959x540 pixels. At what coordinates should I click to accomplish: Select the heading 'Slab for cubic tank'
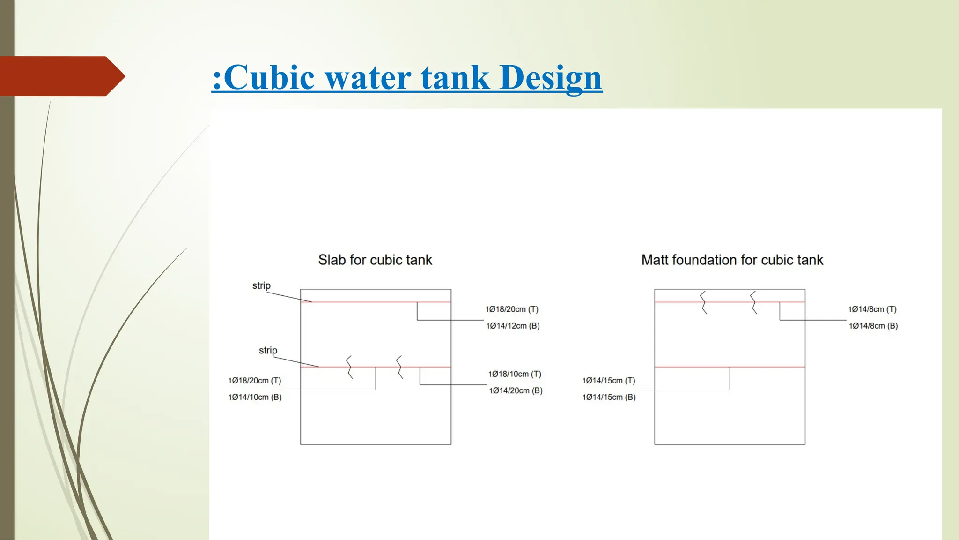click(x=375, y=260)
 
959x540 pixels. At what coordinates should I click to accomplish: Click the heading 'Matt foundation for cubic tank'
click(x=732, y=260)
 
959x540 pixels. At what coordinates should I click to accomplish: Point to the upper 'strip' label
click(x=261, y=285)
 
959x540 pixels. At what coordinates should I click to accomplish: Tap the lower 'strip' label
click(x=268, y=350)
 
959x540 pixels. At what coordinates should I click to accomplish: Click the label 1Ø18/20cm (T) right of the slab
click(x=512, y=309)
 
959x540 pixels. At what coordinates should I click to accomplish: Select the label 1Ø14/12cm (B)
click(x=513, y=326)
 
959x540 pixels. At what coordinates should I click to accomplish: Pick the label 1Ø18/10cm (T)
click(x=515, y=374)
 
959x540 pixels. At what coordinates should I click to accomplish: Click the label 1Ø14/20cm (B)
click(x=516, y=390)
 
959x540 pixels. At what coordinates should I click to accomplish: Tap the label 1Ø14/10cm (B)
click(x=255, y=397)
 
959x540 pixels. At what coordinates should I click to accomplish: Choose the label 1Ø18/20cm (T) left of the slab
click(x=254, y=381)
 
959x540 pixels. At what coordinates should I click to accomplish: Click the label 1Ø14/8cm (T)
click(x=872, y=309)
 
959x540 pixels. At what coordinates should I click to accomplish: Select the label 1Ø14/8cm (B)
click(x=873, y=326)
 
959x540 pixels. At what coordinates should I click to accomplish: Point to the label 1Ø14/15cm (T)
click(x=609, y=381)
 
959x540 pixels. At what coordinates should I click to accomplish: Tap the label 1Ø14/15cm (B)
click(x=609, y=397)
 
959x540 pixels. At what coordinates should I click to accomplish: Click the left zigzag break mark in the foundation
click(x=703, y=302)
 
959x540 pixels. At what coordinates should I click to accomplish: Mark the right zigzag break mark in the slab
click(x=399, y=367)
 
